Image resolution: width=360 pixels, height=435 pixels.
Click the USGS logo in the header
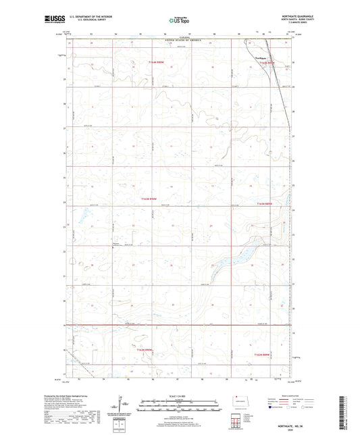pos(55,21)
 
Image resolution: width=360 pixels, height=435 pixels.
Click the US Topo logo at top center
pos(180,21)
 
